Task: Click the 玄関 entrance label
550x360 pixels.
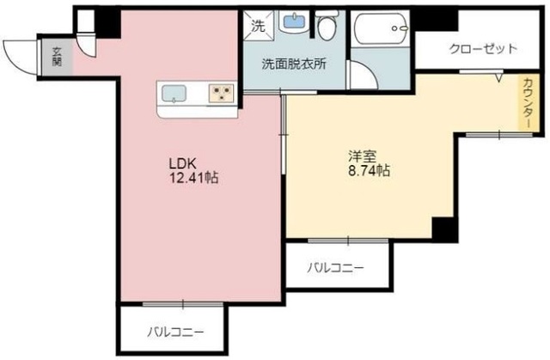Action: coord(58,56)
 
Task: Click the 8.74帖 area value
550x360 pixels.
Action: coord(369,171)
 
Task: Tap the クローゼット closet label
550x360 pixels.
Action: coord(482,49)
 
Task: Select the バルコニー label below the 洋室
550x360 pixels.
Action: coord(336,268)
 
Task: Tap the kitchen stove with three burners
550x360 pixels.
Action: coord(222,93)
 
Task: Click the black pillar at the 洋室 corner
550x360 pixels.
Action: coord(442,229)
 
